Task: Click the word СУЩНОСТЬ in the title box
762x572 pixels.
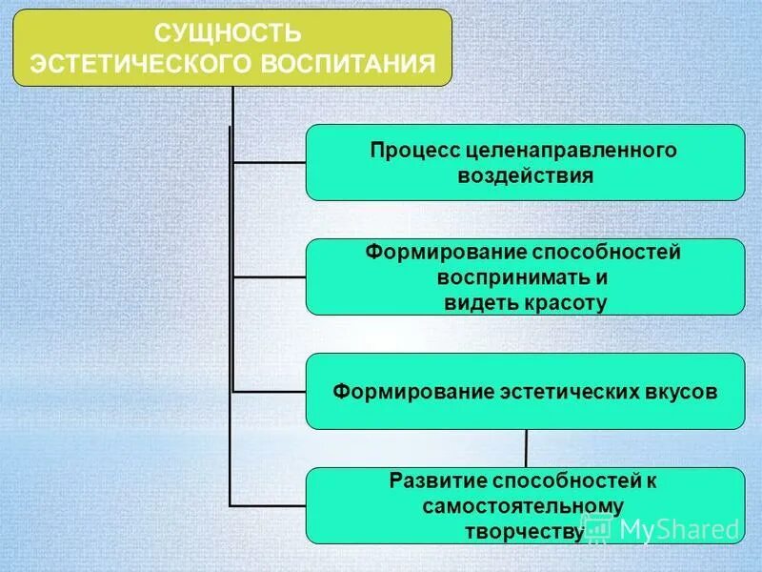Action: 228,34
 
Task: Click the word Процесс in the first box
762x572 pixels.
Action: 409,151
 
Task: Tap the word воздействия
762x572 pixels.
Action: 525,175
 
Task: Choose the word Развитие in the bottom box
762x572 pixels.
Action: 425,481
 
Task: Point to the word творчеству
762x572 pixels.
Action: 523,530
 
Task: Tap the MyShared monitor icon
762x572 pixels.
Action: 598,527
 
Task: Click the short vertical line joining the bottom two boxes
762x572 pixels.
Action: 526,448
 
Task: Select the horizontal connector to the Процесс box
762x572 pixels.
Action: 269,162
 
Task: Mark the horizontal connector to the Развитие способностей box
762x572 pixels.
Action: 269,504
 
